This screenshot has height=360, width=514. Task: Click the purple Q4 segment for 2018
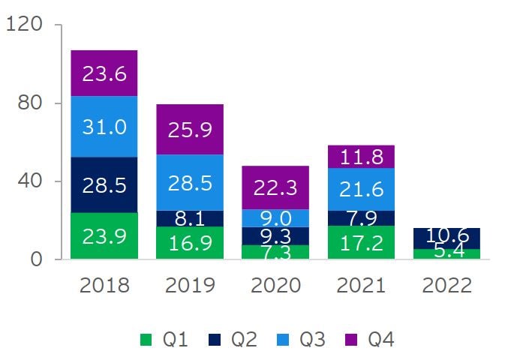click(x=104, y=73)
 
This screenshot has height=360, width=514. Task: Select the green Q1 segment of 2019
click(x=190, y=243)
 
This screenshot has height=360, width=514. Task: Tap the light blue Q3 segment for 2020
click(x=275, y=217)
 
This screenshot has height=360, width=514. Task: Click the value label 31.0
click(x=104, y=127)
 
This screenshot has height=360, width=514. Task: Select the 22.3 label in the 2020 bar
click(x=275, y=187)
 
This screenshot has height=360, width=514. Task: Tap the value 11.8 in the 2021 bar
click(x=362, y=157)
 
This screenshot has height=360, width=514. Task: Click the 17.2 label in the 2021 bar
click(x=362, y=244)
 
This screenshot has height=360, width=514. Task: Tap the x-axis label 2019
click(x=190, y=286)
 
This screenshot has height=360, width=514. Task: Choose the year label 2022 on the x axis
click(x=447, y=286)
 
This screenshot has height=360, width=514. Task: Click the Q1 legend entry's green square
click(x=147, y=340)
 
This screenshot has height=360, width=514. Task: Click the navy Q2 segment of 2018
click(x=104, y=184)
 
